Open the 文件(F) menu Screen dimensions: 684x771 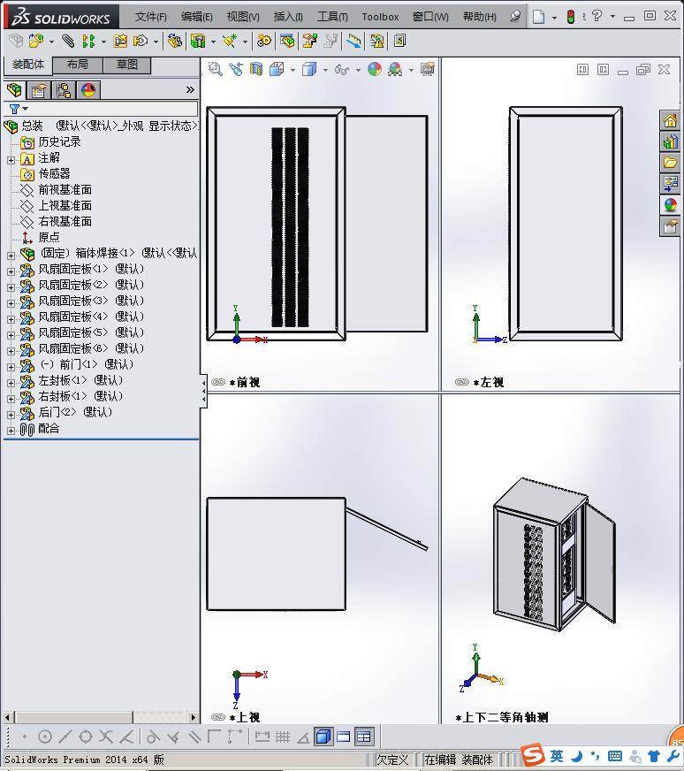pos(150,17)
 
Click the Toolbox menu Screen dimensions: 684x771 pos(380,17)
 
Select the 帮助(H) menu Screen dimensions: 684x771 pos(479,17)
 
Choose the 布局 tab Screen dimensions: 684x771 pos(77,65)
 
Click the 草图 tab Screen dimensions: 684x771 pos(126,65)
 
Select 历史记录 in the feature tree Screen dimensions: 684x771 pos(59,141)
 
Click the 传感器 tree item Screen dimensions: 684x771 pos(54,173)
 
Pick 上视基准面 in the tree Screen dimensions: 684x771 pos(65,205)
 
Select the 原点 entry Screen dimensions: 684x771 pos(49,237)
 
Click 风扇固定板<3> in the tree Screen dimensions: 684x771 pos(73,301)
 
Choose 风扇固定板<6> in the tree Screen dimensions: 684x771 pos(73,348)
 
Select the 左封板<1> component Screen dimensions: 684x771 pos(63,380)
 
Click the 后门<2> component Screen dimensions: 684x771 pos(57,412)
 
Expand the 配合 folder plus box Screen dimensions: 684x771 pos(11,431)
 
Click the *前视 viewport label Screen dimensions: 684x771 pos(245,382)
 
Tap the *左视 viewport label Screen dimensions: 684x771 pos(489,382)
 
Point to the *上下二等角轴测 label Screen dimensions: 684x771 pos(501,717)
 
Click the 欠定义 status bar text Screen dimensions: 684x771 pos(392,760)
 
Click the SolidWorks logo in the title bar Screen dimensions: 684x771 pos(61,17)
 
